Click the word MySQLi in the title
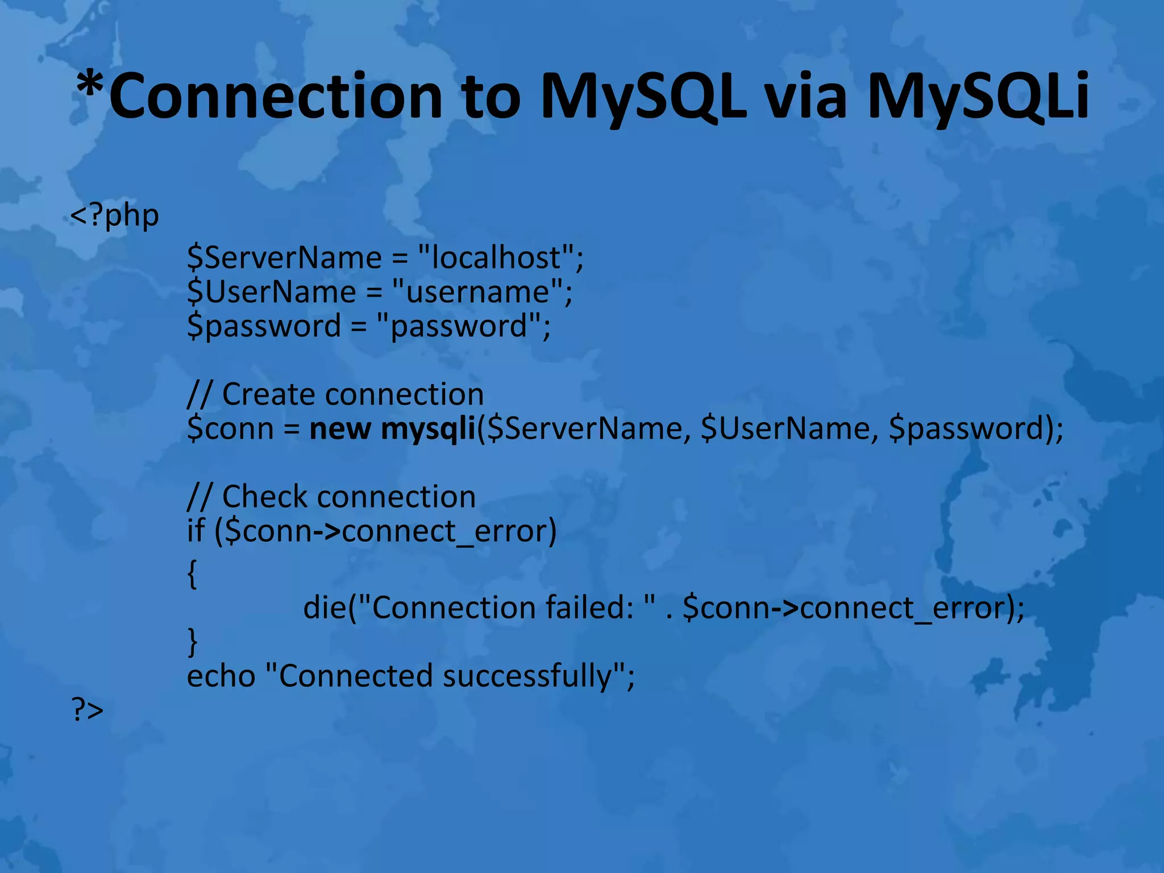pyautogui.click(x=977, y=97)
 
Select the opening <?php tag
pyautogui.click(x=114, y=215)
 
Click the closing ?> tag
pyautogui.click(x=88, y=709)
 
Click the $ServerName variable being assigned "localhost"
pyautogui.click(x=284, y=257)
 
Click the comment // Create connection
pyautogui.click(x=335, y=394)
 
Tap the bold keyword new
pyautogui.click(x=340, y=429)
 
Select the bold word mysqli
pyautogui.click(x=427, y=429)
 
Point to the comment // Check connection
pyautogui.click(x=331, y=497)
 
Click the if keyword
pyautogui.click(x=196, y=531)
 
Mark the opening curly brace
pyautogui.click(x=192, y=573)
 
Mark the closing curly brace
pyautogui.click(x=192, y=642)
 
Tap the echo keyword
pyautogui.click(x=221, y=676)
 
